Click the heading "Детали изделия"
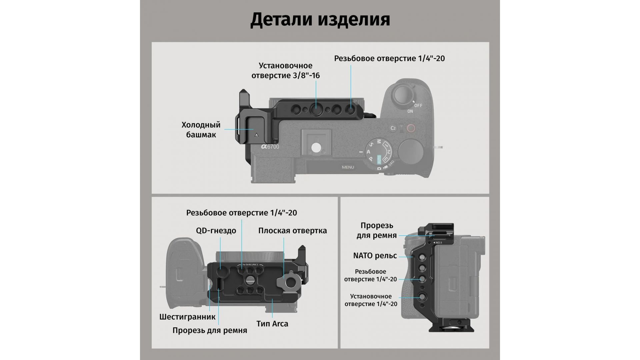(x=320, y=20)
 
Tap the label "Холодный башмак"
(x=201, y=130)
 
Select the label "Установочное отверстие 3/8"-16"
(x=286, y=71)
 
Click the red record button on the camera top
(x=411, y=128)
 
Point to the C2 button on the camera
(x=393, y=128)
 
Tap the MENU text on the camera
(x=348, y=167)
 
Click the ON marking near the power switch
(x=410, y=111)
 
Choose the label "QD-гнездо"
(x=216, y=231)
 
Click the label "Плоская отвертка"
(x=293, y=231)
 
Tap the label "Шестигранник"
(x=187, y=317)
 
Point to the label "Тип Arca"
(x=272, y=324)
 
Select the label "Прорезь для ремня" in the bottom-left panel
(x=210, y=330)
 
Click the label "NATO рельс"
(x=375, y=256)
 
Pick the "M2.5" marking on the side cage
(x=439, y=243)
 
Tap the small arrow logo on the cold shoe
(x=256, y=135)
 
